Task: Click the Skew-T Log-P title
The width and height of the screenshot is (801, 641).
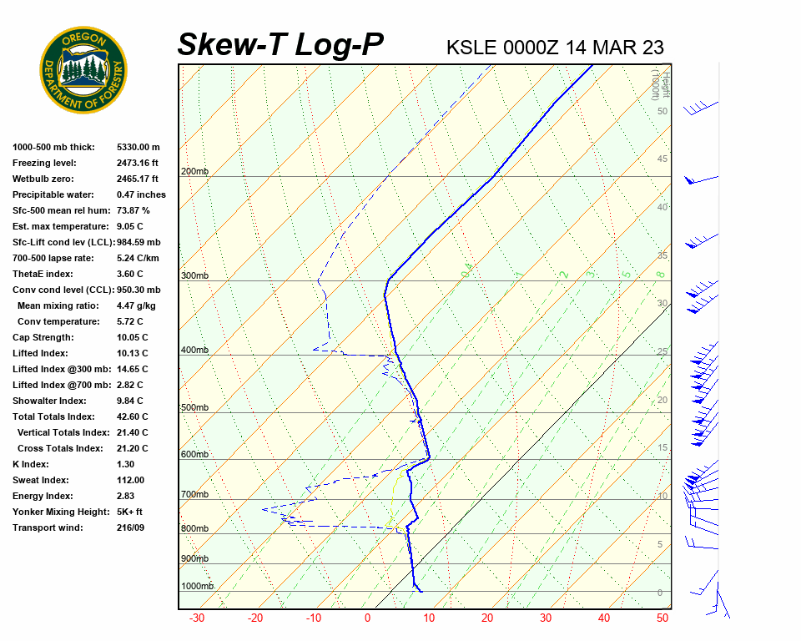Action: tap(280, 45)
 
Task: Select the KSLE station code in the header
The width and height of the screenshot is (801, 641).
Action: tap(471, 47)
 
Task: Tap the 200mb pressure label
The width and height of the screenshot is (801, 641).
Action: tap(194, 172)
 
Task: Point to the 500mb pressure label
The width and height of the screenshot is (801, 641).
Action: tap(194, 407)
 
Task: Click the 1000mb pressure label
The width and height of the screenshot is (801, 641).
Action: tap(198, 586)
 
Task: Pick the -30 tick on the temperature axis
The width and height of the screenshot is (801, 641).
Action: tap(197, 618)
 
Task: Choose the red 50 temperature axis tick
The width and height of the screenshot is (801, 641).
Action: tap(662, 618)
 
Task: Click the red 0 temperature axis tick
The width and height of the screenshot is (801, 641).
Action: tap(367, 618)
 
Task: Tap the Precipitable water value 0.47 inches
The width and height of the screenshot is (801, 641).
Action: tap(141, 194)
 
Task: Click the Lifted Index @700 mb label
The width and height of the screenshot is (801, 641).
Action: tap(62, 385)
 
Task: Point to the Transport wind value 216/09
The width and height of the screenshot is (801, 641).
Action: tap(132, 527)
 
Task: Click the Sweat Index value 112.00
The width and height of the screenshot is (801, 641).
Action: tap(130, 480)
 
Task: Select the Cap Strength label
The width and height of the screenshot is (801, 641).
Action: tap(43, 337)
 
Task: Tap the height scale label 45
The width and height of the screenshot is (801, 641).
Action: tap(662, 159)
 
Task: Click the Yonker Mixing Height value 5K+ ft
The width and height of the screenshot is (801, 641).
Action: tap(129, 512)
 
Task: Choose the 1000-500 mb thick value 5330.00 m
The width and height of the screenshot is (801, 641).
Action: tap(138, 147)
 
